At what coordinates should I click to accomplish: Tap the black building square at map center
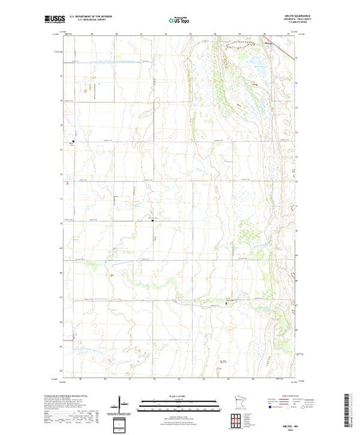[153, 222]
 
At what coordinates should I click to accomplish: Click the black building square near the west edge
[73, 142]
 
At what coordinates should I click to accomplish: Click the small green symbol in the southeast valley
[225, 302]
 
